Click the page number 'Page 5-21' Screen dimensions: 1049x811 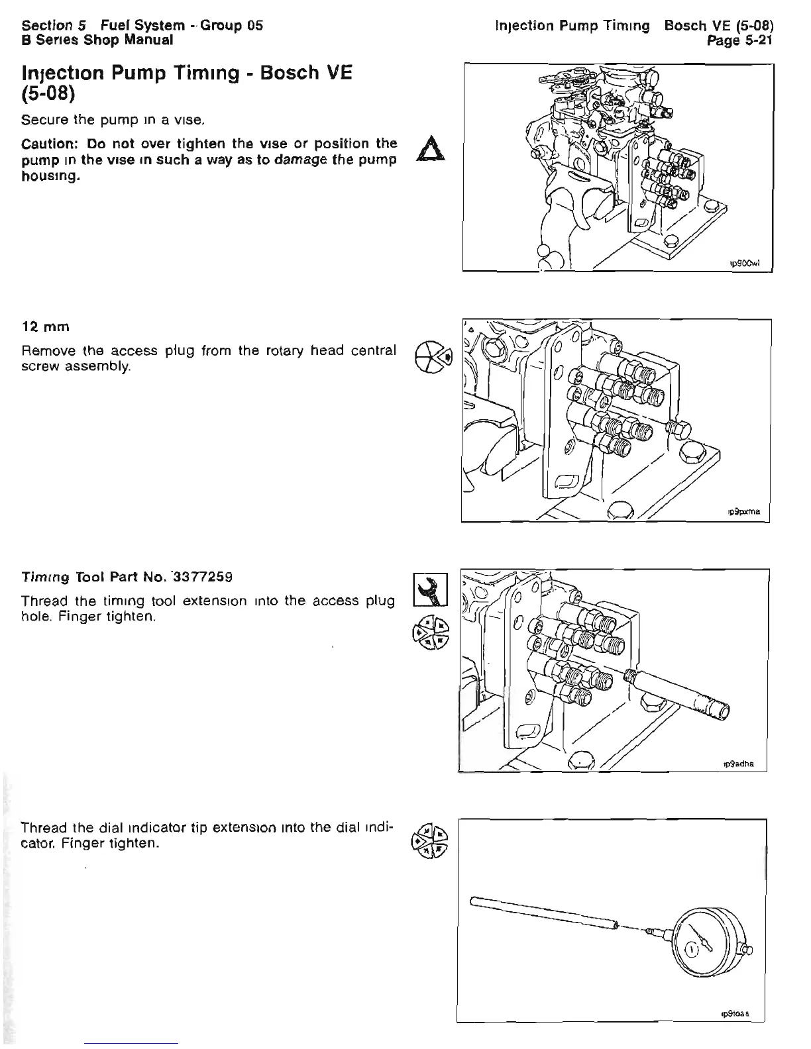tap(741, 40)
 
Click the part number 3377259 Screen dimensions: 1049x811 tap(199, 576)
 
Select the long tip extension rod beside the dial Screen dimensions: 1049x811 tap(543, 913)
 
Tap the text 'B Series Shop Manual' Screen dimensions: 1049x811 tap(97, 40)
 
